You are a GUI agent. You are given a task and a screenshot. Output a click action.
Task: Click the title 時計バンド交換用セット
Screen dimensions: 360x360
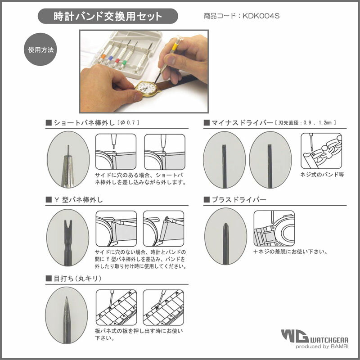point(108,17)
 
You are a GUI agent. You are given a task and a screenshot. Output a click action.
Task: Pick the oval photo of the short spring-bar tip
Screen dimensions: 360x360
point(68,159)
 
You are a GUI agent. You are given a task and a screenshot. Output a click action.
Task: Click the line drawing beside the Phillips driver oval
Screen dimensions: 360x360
point(274,229)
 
